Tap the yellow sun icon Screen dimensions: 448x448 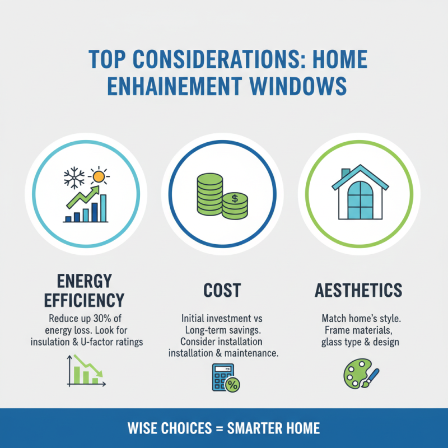[x=99, y=176]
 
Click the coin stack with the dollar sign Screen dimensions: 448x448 [x=235, y=205]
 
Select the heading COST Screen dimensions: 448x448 [x=222, y=290]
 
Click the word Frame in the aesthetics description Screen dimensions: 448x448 [x=333, y=330]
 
